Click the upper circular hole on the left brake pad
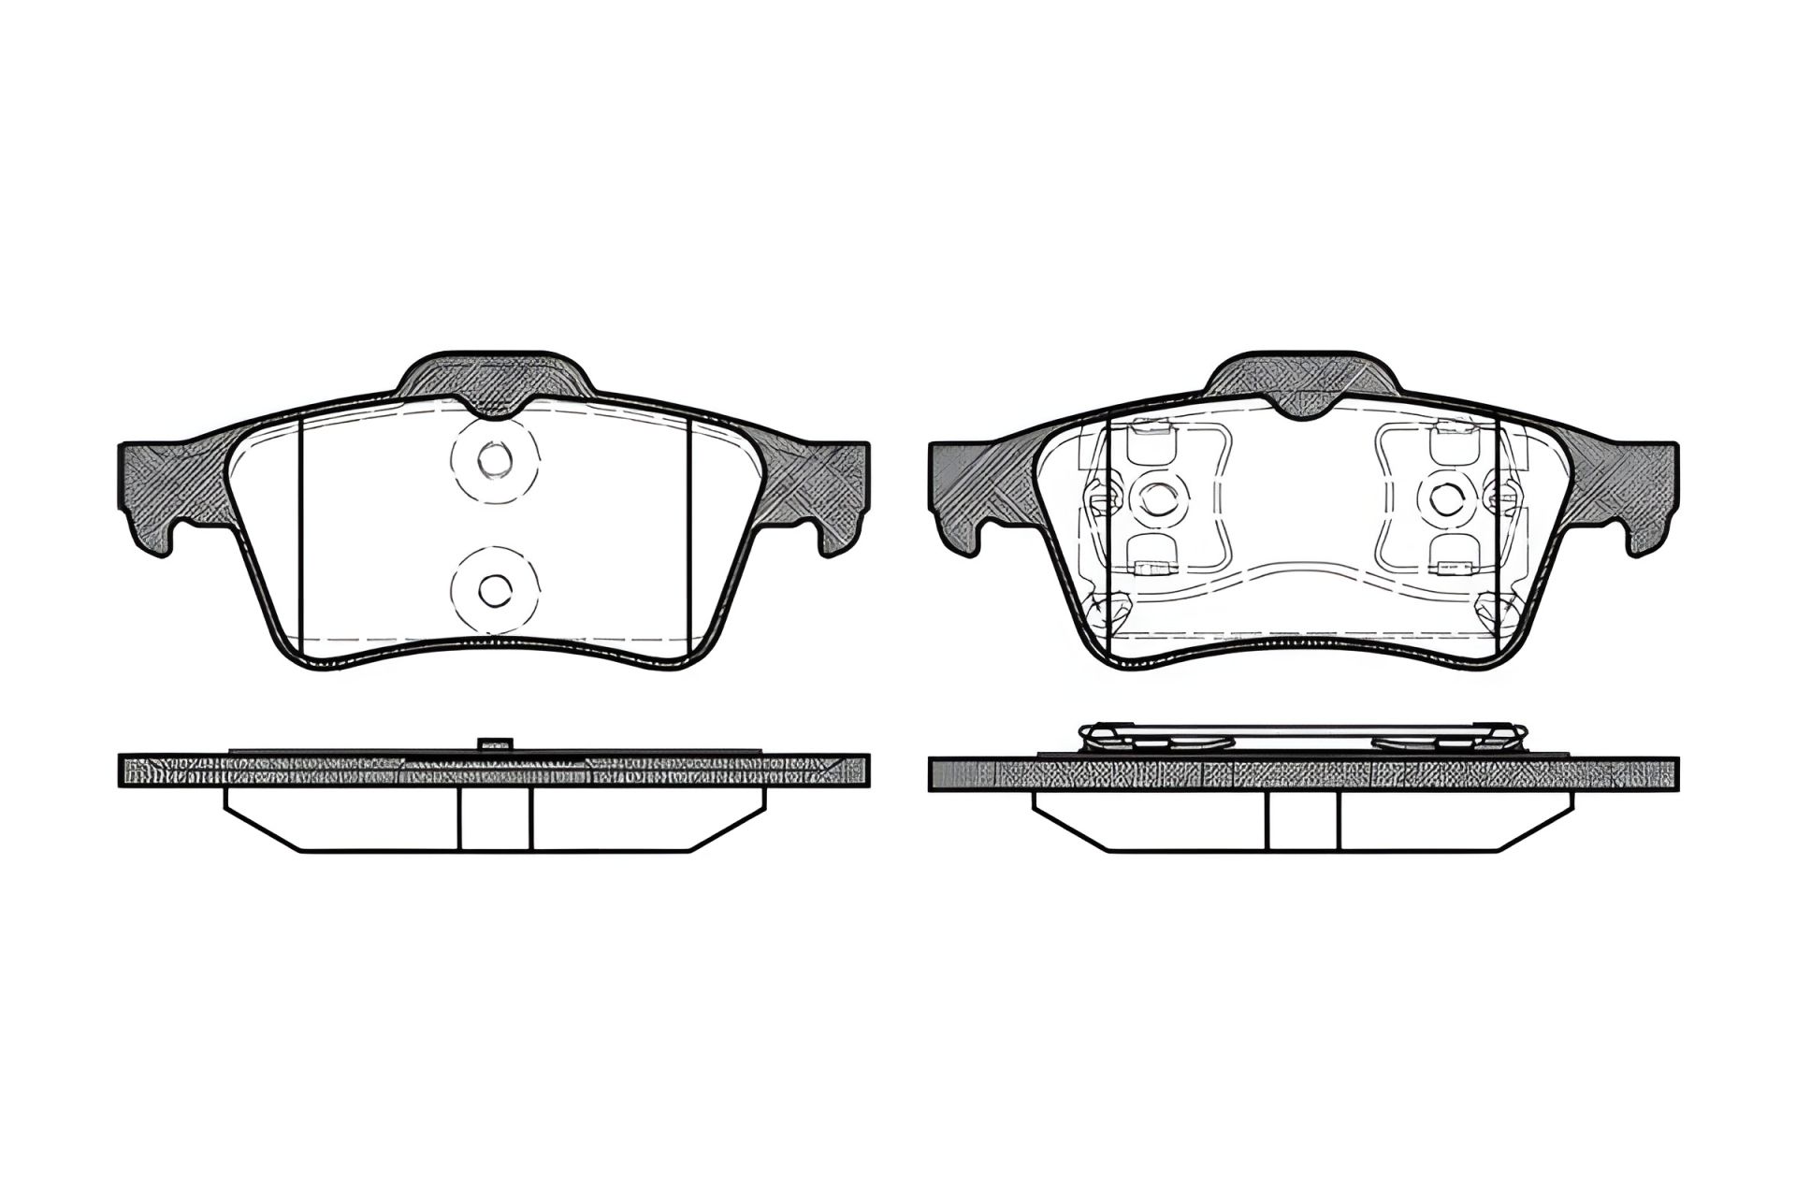493,458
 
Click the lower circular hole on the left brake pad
493,588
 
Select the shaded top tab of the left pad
494,379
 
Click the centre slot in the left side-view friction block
495,817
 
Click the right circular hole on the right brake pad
1446,498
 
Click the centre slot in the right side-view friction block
1303,817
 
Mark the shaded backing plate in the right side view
1303,772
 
